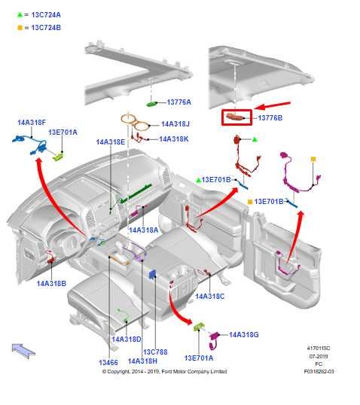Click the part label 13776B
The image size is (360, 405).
[270, 118]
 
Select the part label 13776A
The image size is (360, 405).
[179, 102]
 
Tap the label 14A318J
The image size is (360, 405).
[175, 124]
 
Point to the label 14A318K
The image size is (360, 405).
[174, 139]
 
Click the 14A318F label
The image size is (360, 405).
[32, 123]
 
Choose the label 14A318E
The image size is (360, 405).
[111, 142]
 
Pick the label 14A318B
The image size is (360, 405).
[51, 283]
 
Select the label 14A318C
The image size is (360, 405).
[210, 297]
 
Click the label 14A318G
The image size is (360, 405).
[244, 335]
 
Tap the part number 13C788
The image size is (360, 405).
[155, 352]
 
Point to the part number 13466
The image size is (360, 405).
[108, 363]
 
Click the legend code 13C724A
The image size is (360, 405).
[46, 15]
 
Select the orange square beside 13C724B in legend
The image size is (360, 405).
[20, 28]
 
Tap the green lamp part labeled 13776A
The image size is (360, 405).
[151, 104]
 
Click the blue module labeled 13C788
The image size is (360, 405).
[152, 274]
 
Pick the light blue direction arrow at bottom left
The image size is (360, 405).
[23, 350]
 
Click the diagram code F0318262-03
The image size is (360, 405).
[319, 372]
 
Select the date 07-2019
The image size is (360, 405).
[319, 356]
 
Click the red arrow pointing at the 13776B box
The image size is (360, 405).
[273, 105]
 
